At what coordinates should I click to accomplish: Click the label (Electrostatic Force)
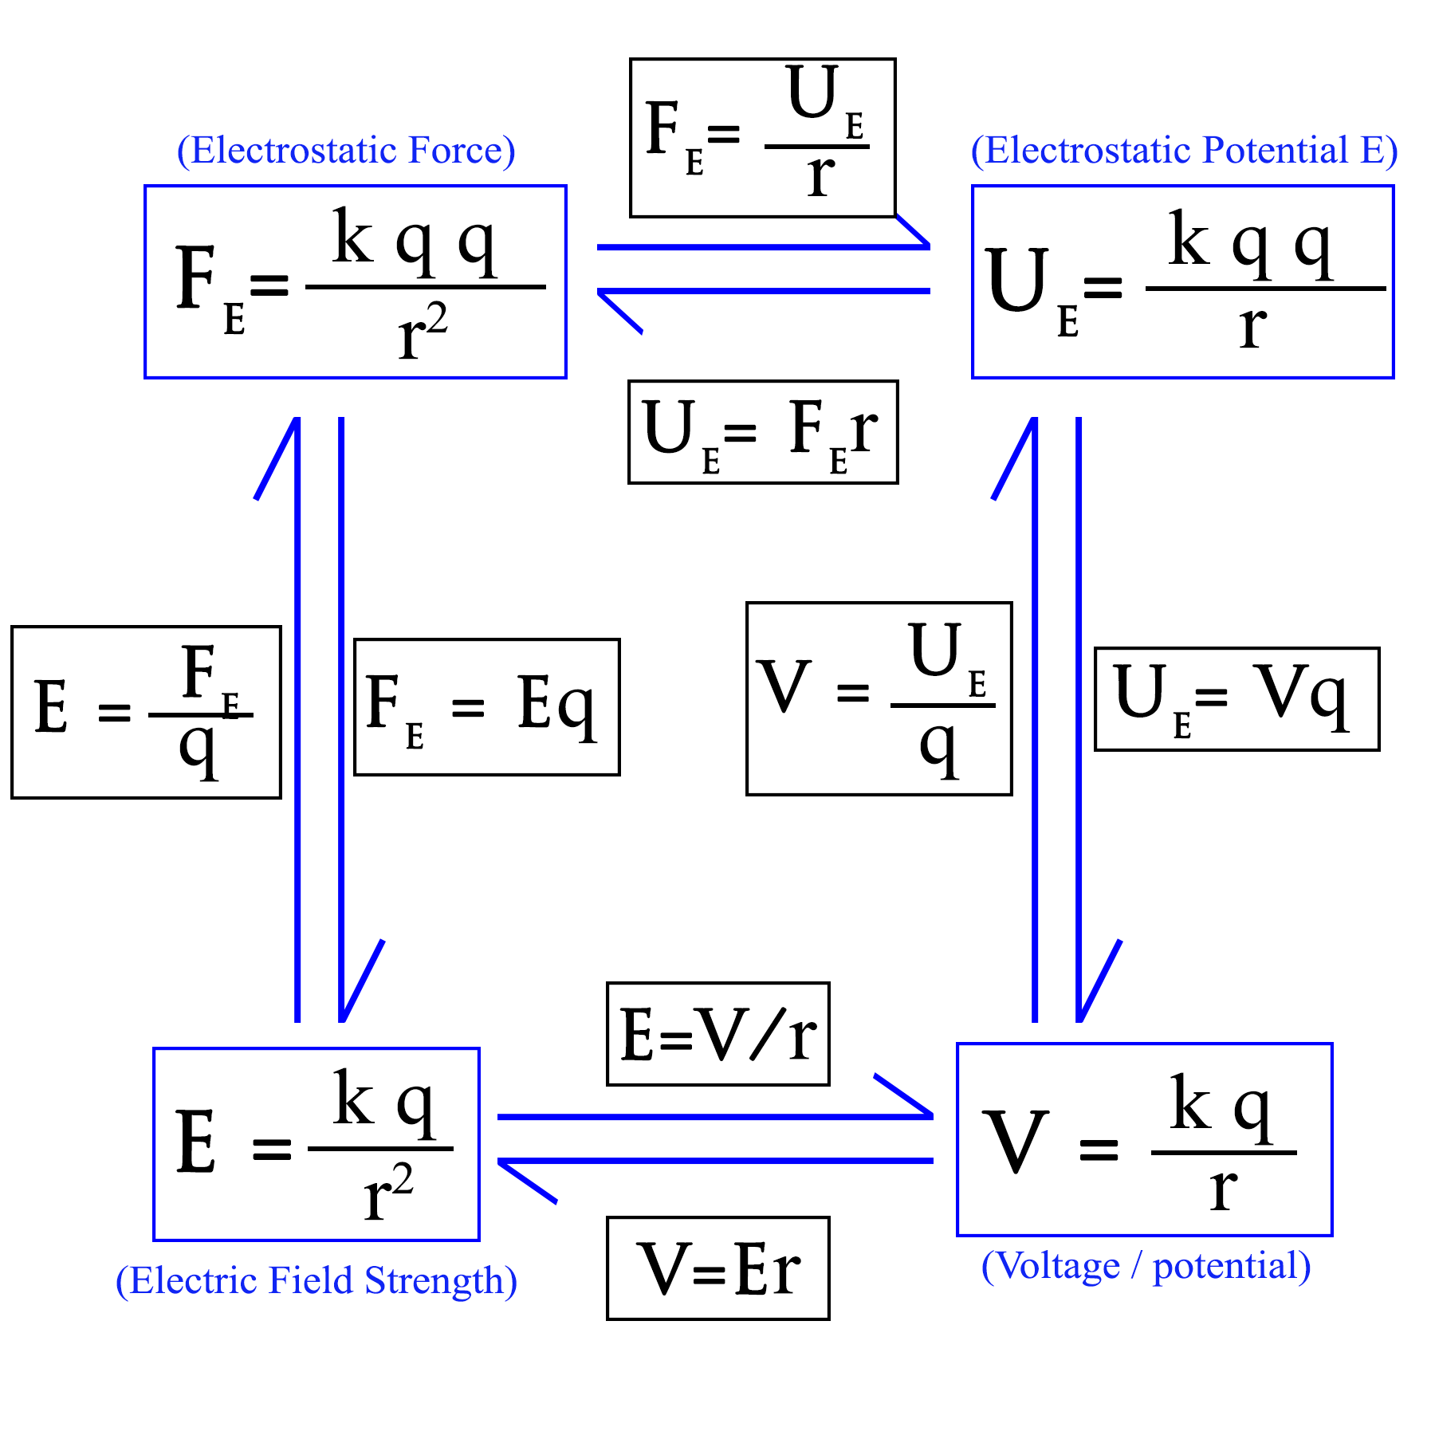point(346,151)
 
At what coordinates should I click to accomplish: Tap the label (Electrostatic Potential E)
point(1184,151)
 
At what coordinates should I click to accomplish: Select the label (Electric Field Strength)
point(316,1281)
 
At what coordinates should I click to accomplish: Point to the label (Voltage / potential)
point(1146,1266)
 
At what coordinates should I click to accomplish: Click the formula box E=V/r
point(717,1034)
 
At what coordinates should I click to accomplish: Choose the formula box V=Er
point(717,1268)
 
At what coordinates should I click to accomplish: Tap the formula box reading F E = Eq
point(486,706)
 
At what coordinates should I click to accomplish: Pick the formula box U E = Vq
point(1236,698)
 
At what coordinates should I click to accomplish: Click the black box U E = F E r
point(763,432)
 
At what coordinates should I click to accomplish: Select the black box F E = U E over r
point(762,137)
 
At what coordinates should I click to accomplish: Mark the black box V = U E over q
point(879,698)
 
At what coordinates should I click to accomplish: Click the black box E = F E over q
point(146,712)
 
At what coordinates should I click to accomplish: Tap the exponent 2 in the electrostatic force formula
point(436,320)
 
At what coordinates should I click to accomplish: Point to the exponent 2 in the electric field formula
point(402,1178)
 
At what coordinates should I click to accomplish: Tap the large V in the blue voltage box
point(1015,1142)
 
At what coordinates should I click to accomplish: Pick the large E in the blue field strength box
point(196,1142)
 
